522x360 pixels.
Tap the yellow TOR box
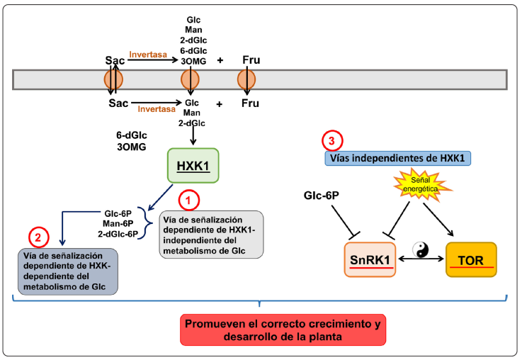tap(470, 260)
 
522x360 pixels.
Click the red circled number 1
tap(188, 201)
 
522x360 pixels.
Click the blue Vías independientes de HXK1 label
tap(397, 157)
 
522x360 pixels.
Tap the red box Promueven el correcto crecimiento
tap(283, 330)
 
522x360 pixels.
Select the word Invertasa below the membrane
tap(157, 109)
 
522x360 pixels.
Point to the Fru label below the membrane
tap(251, 103)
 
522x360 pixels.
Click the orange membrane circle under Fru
tap(246, 79)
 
